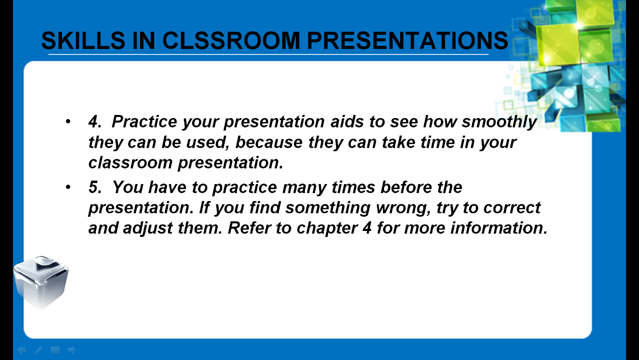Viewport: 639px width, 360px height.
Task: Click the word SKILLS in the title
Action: [83, 40]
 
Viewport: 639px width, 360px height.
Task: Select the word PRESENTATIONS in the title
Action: [407, 40]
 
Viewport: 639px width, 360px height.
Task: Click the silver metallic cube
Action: [41, 282]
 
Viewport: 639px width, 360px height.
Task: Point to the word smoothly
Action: [499, 122]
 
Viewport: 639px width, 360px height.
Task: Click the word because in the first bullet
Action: [269, 142]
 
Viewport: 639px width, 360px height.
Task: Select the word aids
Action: [347, 122]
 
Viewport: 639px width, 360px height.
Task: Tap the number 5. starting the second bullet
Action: [95, 187]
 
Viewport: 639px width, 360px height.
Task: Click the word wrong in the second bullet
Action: [403, 208]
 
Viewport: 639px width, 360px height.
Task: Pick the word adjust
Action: [148, 228]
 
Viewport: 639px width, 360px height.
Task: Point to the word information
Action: [499, 228]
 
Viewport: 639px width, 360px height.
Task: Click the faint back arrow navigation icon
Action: [22, 350]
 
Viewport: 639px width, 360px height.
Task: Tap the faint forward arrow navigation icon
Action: [72, 350]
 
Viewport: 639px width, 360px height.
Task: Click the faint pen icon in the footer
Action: [38, 350]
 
